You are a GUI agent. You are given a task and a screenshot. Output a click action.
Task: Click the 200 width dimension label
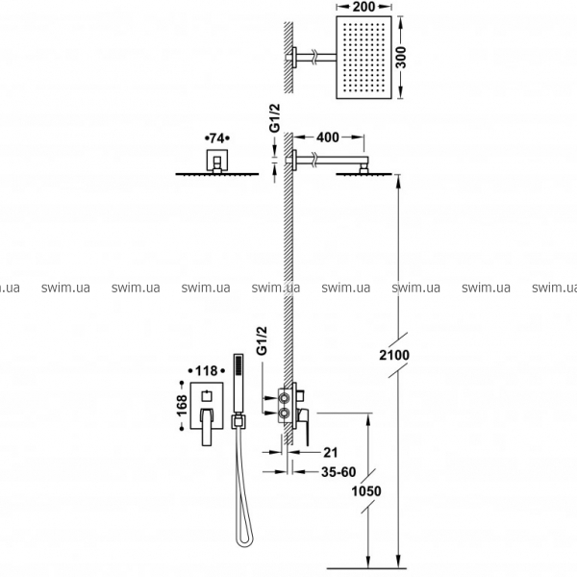coord(364,7)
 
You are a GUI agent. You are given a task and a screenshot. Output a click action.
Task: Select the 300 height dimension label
coord(401,58)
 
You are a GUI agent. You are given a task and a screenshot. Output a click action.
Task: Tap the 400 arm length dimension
coord(328,138)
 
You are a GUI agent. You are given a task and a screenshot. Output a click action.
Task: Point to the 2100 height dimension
coord(394,355)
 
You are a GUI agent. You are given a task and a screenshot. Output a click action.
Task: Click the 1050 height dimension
coord(366,490)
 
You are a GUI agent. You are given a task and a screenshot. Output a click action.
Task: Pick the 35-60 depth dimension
coord(339,472)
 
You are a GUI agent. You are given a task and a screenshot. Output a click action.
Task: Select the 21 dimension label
coord(330,452)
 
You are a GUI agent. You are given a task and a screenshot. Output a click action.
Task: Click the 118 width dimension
coord(207,370)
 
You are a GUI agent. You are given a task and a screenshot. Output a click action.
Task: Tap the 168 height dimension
coord(182,406)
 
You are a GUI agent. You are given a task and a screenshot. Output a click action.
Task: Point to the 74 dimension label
coord(216,138)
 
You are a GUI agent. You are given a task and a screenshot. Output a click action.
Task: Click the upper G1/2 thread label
coord(275,117)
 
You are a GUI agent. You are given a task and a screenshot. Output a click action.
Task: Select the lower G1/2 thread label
coord(262,340)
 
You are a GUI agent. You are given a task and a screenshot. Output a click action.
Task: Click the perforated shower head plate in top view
coord(364,58)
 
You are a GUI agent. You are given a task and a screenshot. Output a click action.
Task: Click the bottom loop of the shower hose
coord(244,539)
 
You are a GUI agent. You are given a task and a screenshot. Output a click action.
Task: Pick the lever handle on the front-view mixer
coord(207,426)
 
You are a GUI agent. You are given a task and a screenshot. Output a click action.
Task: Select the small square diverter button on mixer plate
coord(207,396)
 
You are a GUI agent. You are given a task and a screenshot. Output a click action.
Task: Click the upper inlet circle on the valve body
coord(284,398)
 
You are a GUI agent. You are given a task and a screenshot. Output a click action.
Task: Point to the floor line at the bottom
coord(366,568)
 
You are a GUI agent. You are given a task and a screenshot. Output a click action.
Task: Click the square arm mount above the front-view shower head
coord(216,161)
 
